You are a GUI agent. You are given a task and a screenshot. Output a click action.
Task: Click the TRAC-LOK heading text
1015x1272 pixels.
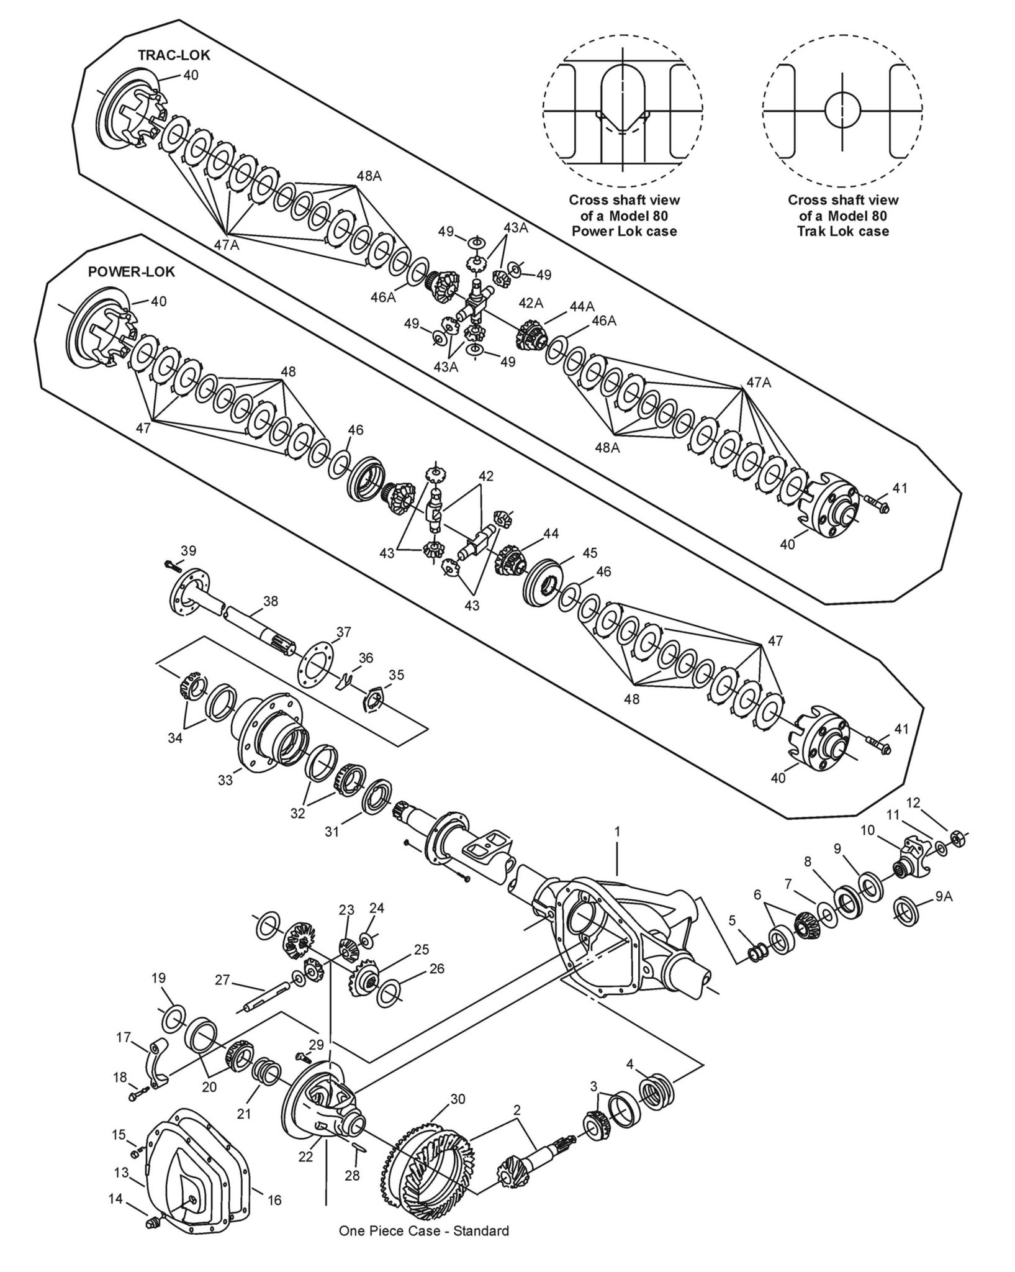pos(174,55)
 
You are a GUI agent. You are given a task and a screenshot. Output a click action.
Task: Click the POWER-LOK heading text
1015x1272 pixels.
pos(132,272)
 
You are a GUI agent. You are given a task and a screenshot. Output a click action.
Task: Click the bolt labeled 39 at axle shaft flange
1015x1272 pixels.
pos(171,565)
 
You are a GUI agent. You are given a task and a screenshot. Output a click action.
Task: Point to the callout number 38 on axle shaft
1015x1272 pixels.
pos(270,601)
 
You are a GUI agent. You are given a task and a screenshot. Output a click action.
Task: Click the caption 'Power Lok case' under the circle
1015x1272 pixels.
pos(623,231)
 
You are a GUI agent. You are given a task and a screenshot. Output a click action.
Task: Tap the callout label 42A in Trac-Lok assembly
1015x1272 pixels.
pos(531,302)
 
